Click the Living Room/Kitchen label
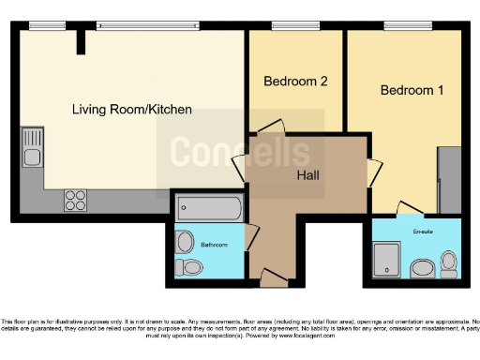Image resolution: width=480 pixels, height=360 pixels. tap(132, 110)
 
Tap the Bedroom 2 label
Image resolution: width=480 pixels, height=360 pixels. tap(294, 82)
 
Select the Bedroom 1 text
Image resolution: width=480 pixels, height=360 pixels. tap(412, 91)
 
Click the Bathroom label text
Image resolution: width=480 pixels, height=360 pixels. tap(215, 245)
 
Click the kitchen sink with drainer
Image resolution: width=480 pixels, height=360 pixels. tap(32, 150)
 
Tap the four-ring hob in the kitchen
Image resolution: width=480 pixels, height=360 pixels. tap(75, 200)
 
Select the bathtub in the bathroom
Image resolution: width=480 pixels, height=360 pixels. tap(209, 208)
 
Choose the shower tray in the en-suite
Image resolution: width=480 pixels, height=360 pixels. tap(388, 260)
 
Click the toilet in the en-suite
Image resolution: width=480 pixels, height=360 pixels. tap(448, 262)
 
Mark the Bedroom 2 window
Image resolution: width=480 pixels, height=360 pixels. tap(285, 26)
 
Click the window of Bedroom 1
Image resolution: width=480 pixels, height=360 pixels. tap(400, 26)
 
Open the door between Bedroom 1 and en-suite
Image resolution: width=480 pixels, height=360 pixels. tap(409, 209)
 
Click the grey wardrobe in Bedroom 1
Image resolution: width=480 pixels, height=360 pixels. tap(449, 178)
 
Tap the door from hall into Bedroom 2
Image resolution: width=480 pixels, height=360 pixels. tap(270, 128)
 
